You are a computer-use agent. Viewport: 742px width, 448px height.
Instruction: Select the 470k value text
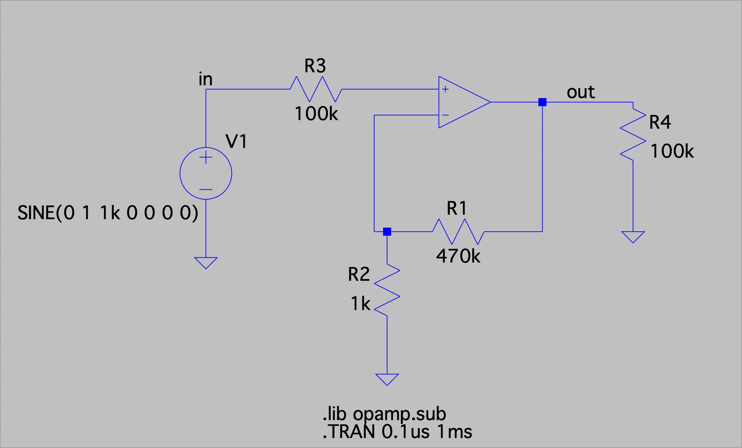click(x=458, y=256)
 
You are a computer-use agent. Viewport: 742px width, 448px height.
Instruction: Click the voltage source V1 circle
click(x=206, y=173)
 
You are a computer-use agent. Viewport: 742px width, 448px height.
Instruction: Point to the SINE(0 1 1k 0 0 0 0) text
click(x=108, y=213)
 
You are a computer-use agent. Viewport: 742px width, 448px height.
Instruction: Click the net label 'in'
click(x=205, y=79)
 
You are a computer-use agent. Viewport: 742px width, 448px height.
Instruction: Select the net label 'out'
click(x=580, y=92)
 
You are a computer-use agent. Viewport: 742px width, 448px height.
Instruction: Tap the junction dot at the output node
click(x=542, y=102)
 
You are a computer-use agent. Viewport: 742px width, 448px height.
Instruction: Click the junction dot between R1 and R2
click(x=387, y=232)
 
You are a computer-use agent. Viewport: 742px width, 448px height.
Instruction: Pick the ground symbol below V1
click(x=206, y=263)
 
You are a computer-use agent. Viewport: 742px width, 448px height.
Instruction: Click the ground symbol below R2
click(x=387, y=379)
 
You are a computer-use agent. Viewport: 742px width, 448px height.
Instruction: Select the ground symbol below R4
click(x=633, y=237)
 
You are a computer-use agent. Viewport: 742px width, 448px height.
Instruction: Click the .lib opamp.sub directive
click(x=384, y=414)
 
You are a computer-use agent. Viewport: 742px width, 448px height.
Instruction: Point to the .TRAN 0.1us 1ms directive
click(x=397, y=432)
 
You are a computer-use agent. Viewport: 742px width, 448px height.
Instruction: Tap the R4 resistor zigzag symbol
click(x=633, y=134)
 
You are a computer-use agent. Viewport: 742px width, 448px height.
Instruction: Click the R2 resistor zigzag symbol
click(x=387, y=290)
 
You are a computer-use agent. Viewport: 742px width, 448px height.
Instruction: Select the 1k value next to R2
click(x=360, y=304)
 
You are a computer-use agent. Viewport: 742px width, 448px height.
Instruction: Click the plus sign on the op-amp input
click(x=445, y=89)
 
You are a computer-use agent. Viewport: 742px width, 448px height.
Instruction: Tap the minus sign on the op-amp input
click(x=445, y=115)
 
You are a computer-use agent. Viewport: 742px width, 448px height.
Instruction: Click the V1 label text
click(x=236, y=141)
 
